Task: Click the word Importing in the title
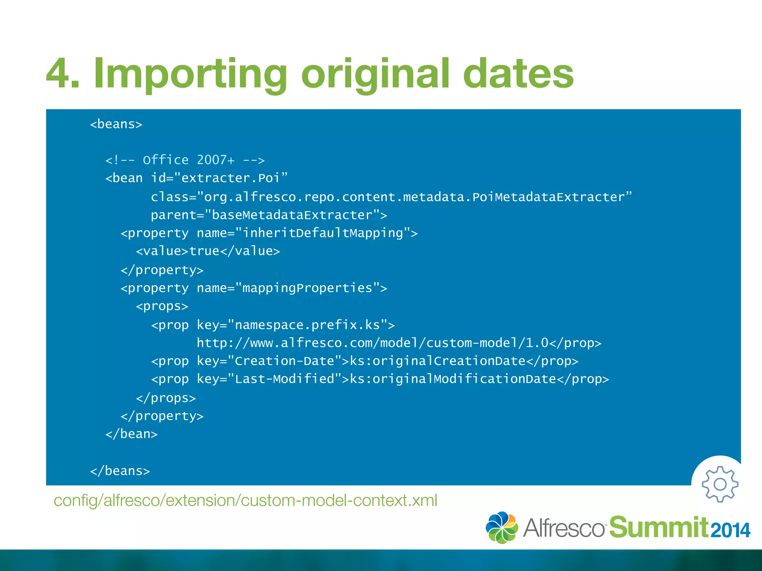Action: click(x=190, y=74)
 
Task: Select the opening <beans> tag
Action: click(x=116, y=124)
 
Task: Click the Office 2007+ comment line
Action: click(x=185, y=160)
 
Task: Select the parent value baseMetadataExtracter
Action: click(x=292, y=215)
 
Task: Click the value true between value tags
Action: click(x=204, y=251)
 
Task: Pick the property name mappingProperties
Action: click(x=307, y=288)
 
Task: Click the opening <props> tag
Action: click(x=162, y=306)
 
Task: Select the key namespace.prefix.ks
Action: click(x=307, y=325)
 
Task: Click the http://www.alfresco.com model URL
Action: click(x=372, y=343)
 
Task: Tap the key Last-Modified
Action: click(x=285, y=379)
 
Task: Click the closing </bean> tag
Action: click(x=131, y=434)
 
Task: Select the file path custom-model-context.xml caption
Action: click(x=245, y=500)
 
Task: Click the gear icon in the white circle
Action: click(x=720, y=484)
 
